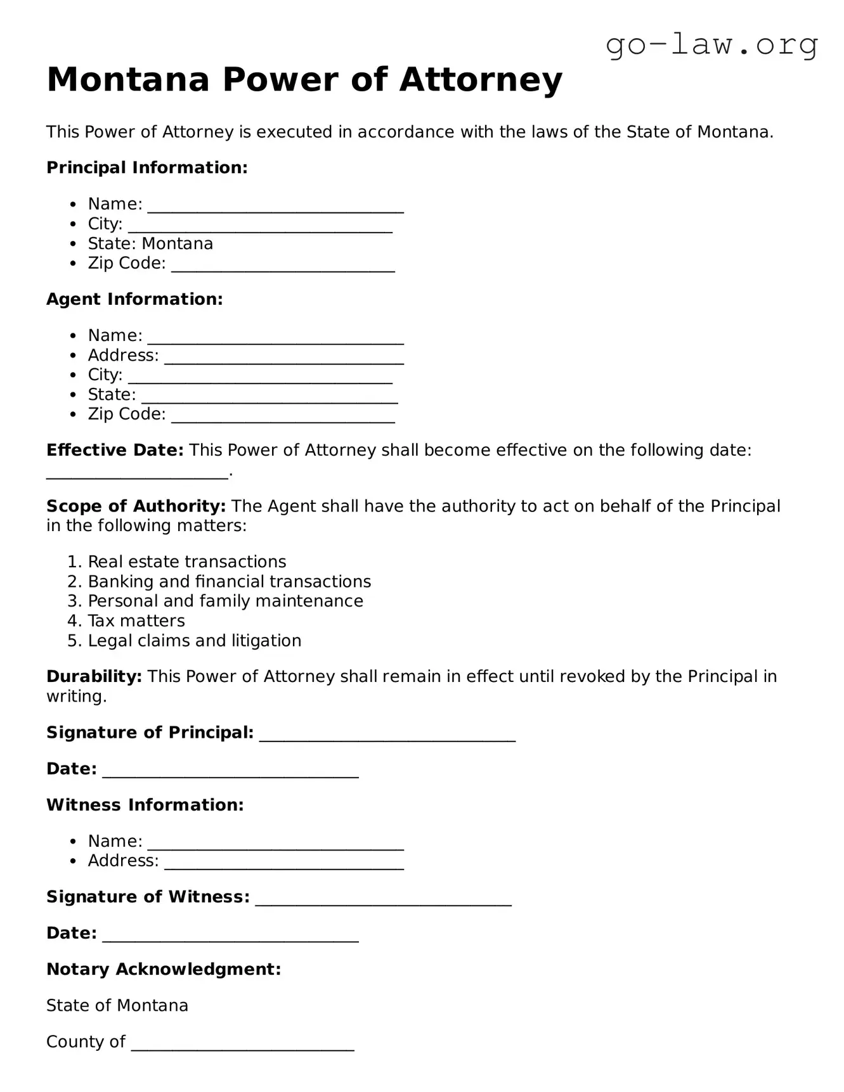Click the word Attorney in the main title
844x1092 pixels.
click(x=481, y=80)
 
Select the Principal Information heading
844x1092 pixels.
click(x=146, y=168)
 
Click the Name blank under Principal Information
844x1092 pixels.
click(x=275, y=207)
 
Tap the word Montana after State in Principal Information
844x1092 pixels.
click(x=178, y=244)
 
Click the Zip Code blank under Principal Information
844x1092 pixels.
click(x=283, y=266)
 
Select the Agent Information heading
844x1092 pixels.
click(x=134, y=299)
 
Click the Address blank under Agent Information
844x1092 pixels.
click(x=283, y=357)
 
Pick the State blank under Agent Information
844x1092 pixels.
click(x=269, y=397)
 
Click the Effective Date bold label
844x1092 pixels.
click(x=115, y=451)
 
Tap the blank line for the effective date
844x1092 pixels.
click(x=137, y=473)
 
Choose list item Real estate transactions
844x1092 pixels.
click(x=186, y=562)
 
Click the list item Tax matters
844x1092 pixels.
click(x=136, y=621)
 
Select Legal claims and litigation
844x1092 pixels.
click(x=194, y=641)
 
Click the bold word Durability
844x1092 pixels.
click(x=94, y=677)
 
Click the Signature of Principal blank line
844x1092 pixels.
click(x=387, y=735)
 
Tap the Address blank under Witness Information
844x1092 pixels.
click(x=283, y=863)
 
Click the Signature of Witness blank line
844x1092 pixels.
click(x=383, y=899)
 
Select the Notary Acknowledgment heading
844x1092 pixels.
click(x=164, y=969)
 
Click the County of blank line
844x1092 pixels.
click(x=242, y=1044)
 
